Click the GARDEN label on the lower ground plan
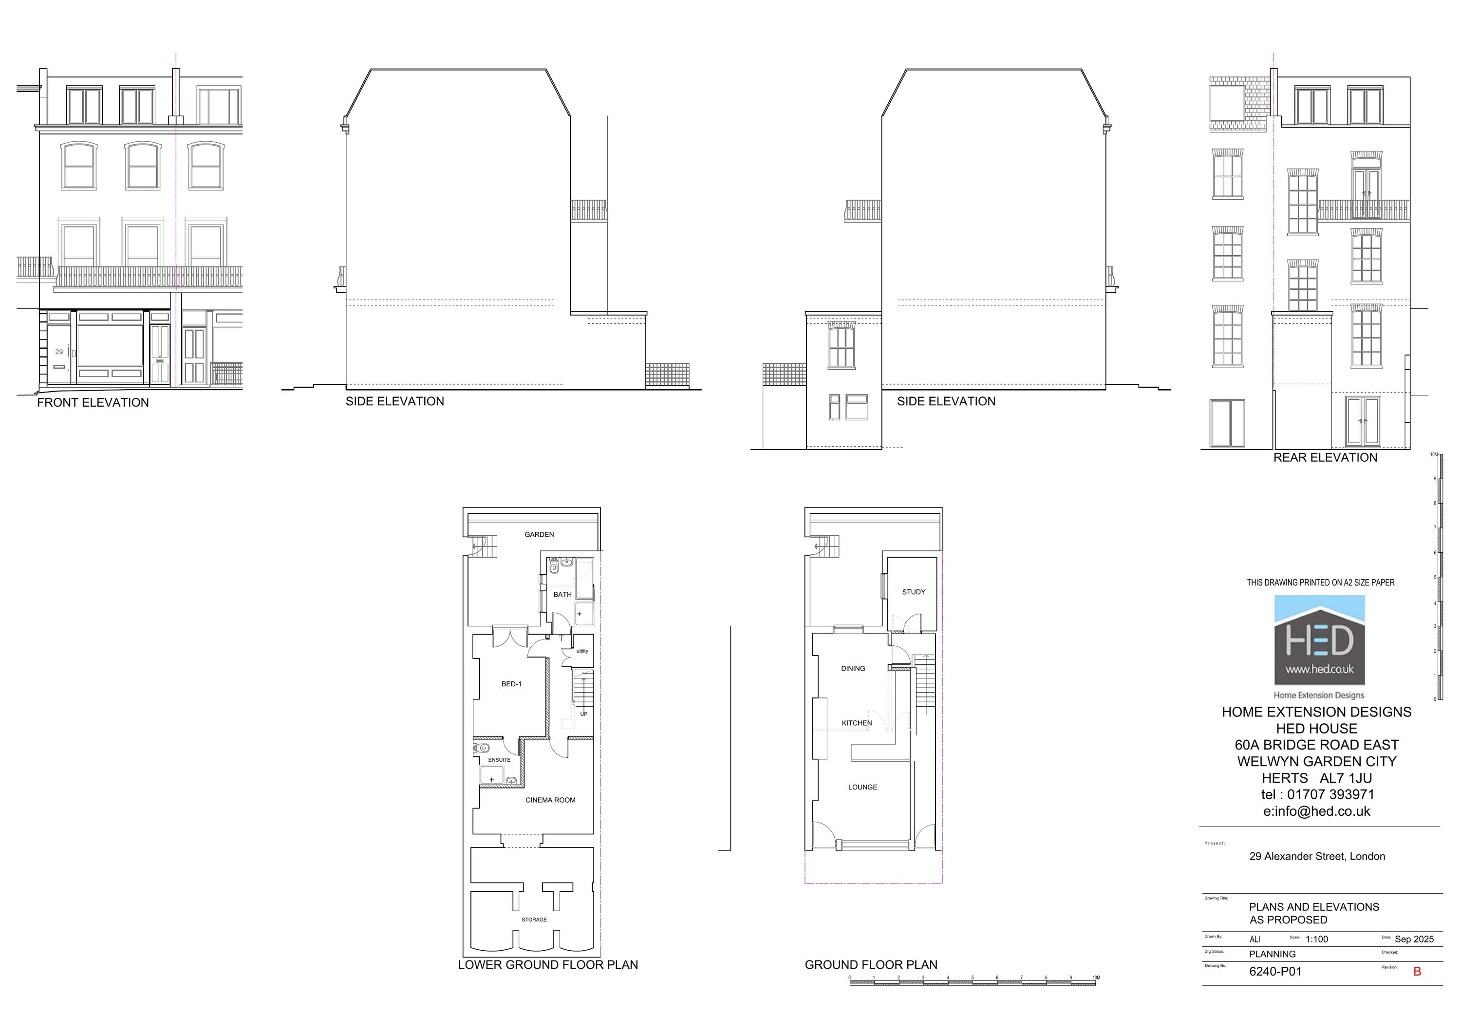[539, 535]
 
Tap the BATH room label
[562, 595]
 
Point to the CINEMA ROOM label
[550, 800]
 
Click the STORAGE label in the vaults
[534, 920]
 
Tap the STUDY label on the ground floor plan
[913, 592]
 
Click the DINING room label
[853, 669]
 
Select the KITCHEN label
[857, 723]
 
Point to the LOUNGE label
[862, 788]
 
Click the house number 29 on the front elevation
[58, 352]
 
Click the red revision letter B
[1417, 972]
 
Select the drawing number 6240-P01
[1275, 972]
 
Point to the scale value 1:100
[1316, 939]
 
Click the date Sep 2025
[1414, 939]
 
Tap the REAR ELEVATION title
[1325, 458]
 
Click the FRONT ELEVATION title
[93, 403]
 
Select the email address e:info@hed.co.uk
[1316, 811]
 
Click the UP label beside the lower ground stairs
[583, 714]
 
